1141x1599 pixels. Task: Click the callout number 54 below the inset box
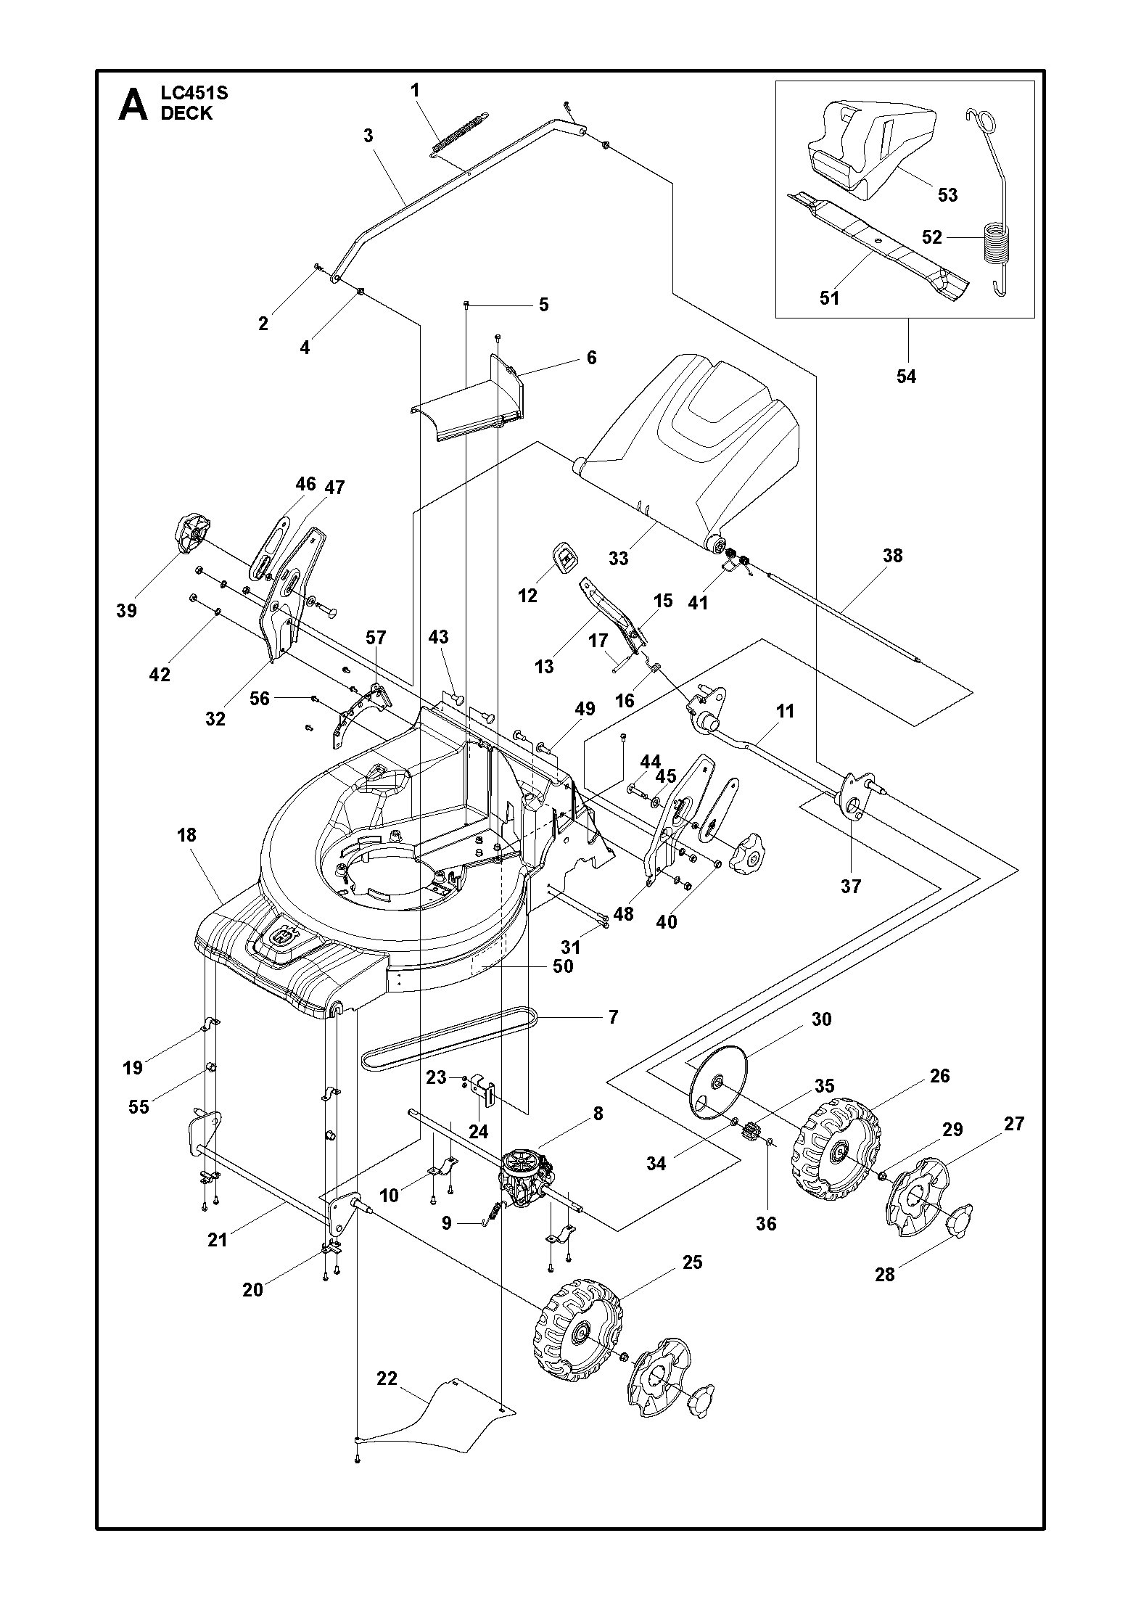pos(906,376)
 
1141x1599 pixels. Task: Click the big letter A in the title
pos(132,106)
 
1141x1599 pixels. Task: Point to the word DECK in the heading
pos(186,114)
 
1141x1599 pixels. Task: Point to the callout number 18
pos(186,835)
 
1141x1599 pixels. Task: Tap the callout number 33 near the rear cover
pos(618,558)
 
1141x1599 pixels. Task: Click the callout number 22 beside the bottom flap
pos(387,1378)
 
